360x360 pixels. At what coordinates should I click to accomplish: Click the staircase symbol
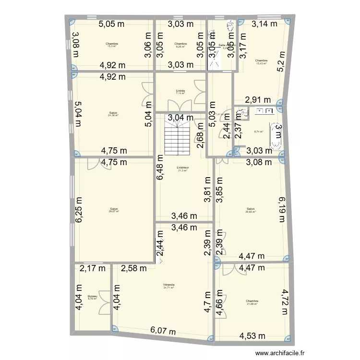pos(178,137)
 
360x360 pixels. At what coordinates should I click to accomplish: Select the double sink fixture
pos(264,111)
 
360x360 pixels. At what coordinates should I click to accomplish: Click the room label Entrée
pos(180,91)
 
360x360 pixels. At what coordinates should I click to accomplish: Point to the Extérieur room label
pos(182,168)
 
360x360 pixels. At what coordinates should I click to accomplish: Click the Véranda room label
pos(168,285)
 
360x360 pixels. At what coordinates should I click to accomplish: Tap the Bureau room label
pos(93,297)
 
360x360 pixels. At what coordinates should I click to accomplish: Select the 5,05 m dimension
pos(113,24)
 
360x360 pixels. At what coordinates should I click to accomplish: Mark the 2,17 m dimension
pos(93,269)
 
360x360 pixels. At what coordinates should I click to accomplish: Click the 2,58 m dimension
pos(134,269)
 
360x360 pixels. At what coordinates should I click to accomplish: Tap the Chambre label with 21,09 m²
pos(252,302)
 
